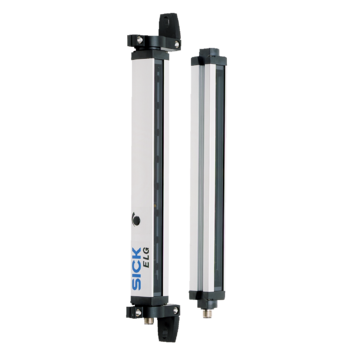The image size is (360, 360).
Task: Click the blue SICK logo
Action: point(137,268)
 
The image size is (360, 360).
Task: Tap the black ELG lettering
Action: point(146,257)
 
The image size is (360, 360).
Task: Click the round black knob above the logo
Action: point(136,219)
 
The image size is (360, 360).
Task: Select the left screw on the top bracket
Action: point(140,40)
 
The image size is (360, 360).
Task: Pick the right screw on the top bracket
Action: point(177,44)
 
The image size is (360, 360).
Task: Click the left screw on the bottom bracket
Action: point(138,312)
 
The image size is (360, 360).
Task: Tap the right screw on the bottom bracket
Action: point(175,310)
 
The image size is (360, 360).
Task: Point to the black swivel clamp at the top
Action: point(169,26)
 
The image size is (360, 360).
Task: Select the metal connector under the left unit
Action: point(149,321)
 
